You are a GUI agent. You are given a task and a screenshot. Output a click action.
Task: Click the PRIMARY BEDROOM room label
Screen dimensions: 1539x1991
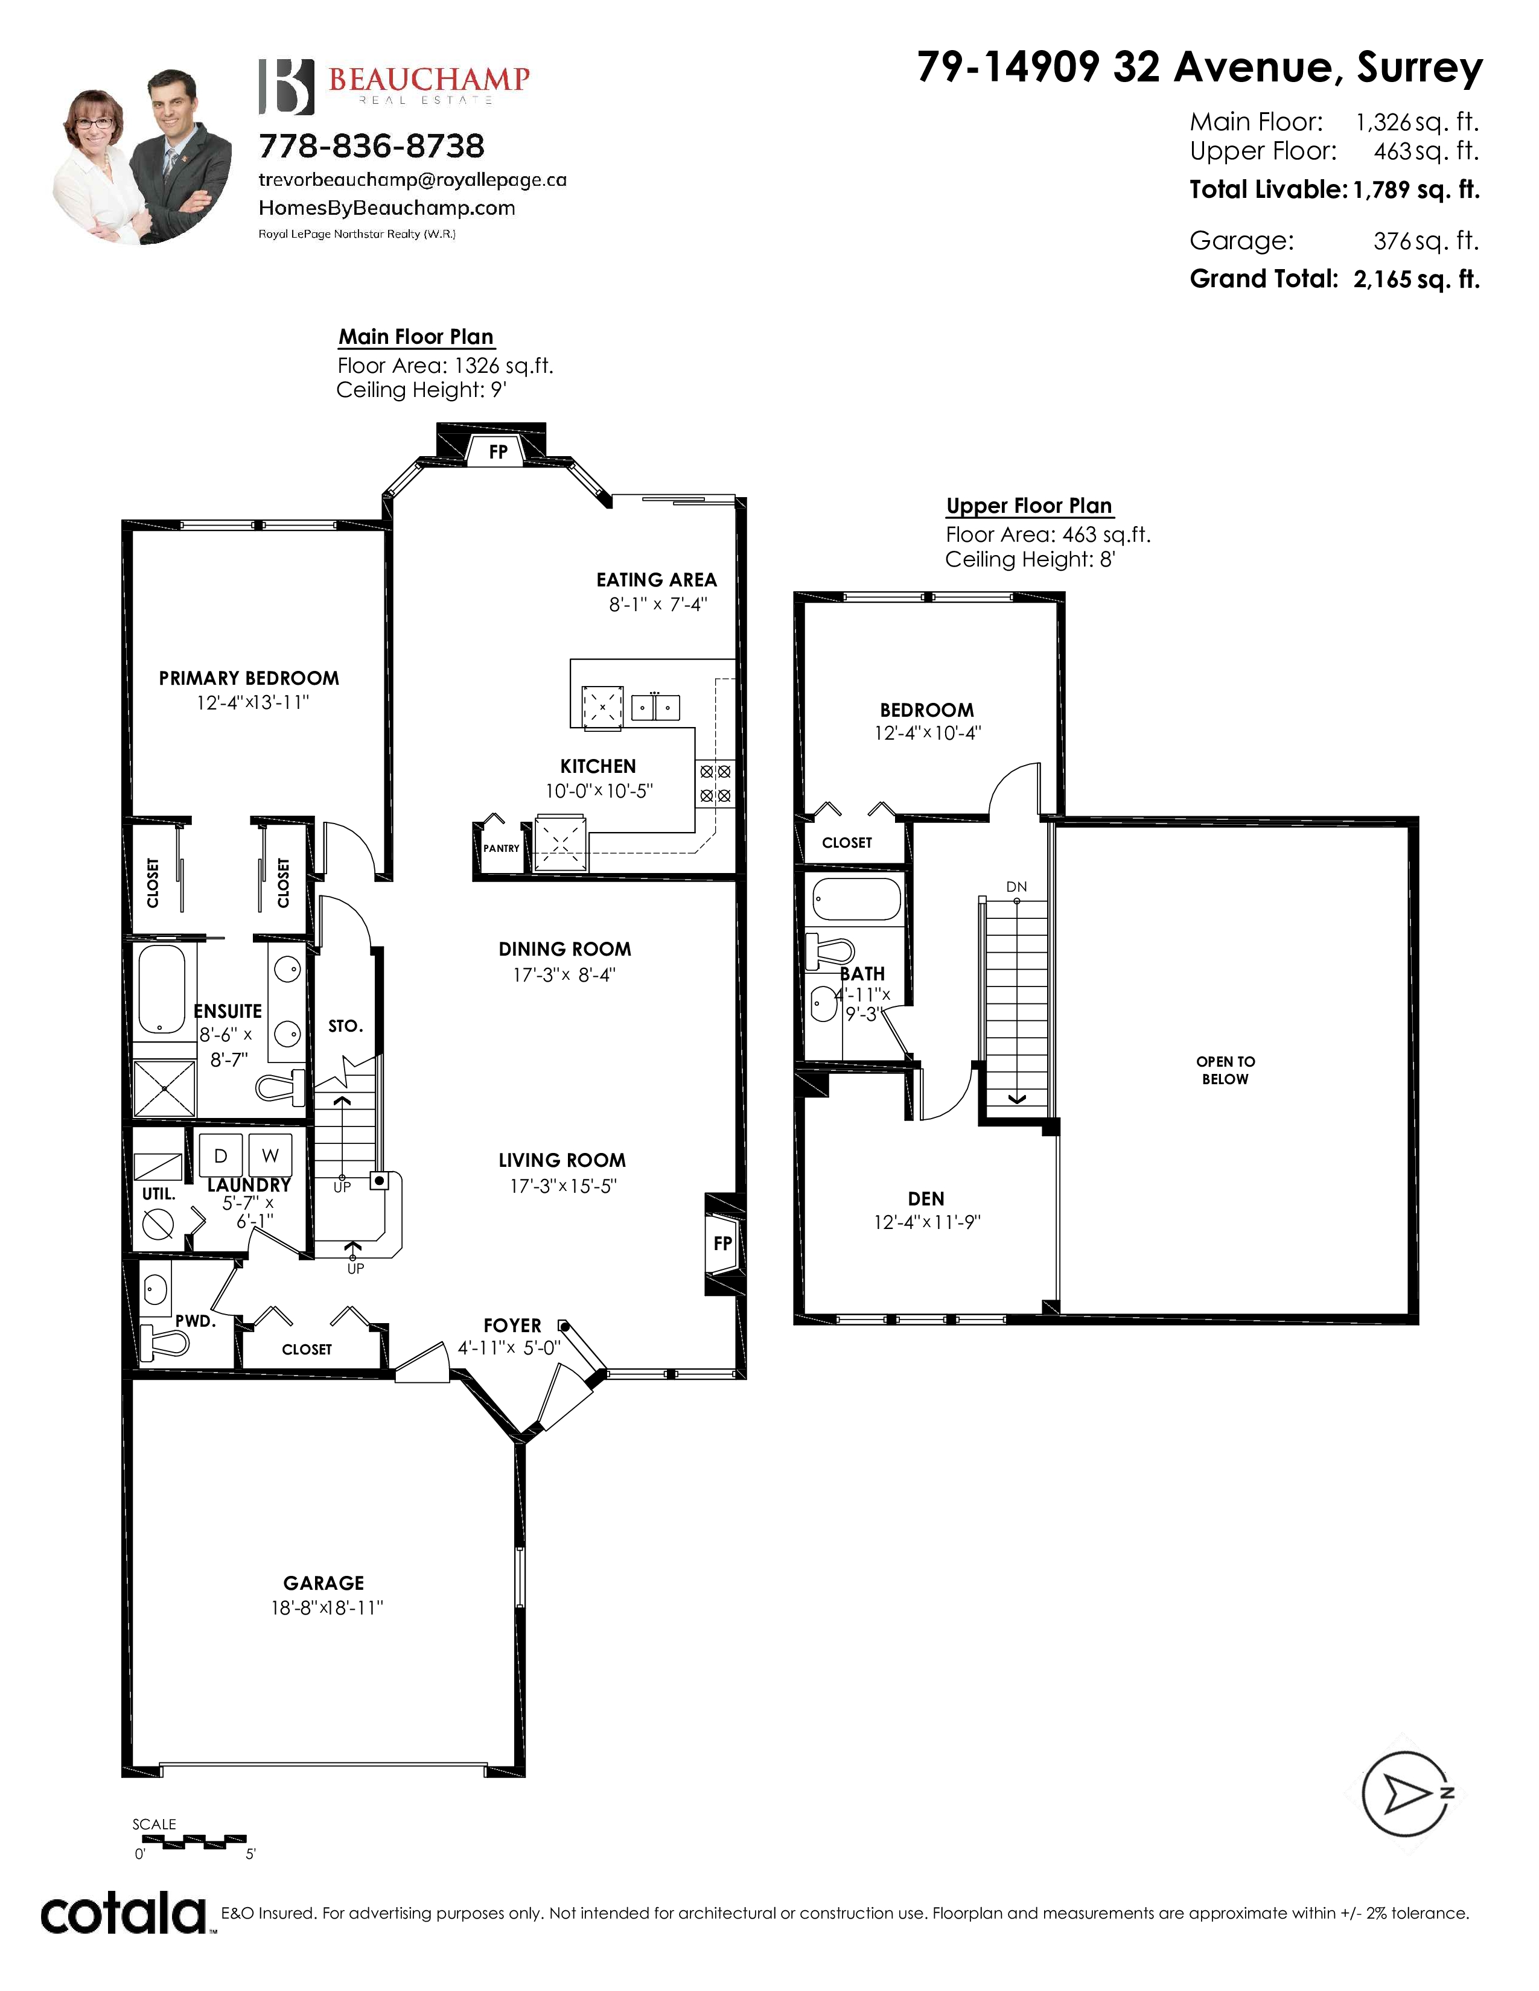[249, 678]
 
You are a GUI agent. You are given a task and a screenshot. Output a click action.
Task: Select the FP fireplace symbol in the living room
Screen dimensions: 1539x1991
[723, 1243]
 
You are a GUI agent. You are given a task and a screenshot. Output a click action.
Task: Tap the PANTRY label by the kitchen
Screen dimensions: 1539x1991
[502, 848]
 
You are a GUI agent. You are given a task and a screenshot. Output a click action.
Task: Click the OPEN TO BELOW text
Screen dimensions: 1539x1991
[1225, 1070]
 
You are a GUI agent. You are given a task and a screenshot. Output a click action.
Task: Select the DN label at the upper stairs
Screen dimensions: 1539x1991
[1016, 886]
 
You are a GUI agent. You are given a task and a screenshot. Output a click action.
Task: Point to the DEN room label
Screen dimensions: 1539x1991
[926, 1199]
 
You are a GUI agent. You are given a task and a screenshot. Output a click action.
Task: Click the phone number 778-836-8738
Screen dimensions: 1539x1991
[372, 146]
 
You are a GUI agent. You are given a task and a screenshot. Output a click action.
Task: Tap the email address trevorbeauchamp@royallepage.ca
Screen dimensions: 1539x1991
[413, 180]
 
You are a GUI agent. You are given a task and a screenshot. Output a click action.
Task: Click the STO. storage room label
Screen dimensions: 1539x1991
[346, 1026]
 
